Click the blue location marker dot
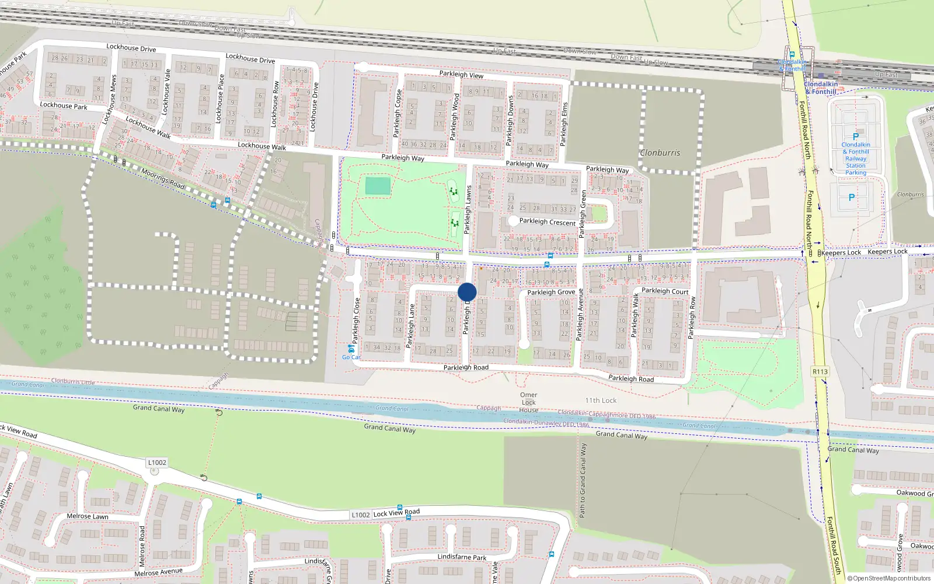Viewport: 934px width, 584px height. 467,292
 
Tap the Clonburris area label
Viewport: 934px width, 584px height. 660,153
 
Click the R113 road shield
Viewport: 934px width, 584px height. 820,371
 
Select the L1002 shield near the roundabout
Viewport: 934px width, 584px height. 157,463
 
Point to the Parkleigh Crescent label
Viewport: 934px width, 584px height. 547,222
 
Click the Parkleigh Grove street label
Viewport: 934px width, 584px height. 551,292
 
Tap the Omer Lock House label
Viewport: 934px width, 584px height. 528,402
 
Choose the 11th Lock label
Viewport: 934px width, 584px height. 601,401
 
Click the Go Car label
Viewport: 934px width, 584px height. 351,357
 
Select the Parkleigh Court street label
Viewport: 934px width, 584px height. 665,291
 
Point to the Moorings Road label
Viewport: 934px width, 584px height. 163,179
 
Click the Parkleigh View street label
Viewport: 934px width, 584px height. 461,75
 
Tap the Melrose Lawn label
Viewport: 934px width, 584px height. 88,516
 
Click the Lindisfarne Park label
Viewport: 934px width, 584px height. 462,557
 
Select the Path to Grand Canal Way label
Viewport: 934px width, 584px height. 583,480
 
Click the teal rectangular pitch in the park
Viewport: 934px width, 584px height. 378,186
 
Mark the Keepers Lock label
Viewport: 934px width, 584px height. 841,253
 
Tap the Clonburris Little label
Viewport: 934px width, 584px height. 73,381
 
